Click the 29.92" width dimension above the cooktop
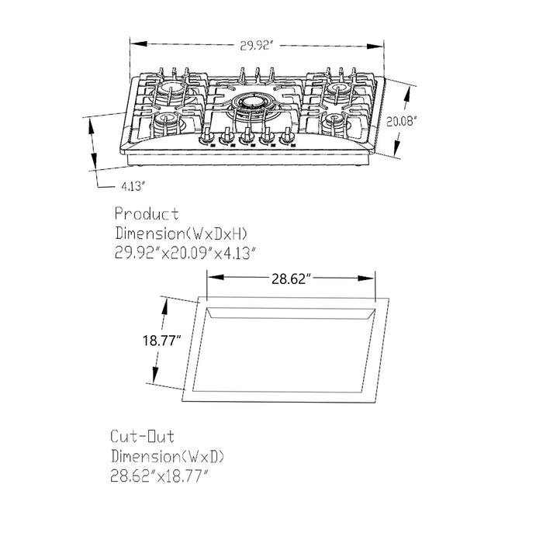(x=256, y=46)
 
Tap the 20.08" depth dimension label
(x=403, y=120)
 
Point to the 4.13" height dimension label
(x=133, y=186)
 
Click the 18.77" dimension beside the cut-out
(x=162, y=341)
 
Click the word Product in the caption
(x=147, y=213)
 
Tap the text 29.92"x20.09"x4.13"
(x=185, y=252)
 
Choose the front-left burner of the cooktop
(x=167, y=122)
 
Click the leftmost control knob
(x=208, y=139)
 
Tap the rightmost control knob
(x=288, y=139)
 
